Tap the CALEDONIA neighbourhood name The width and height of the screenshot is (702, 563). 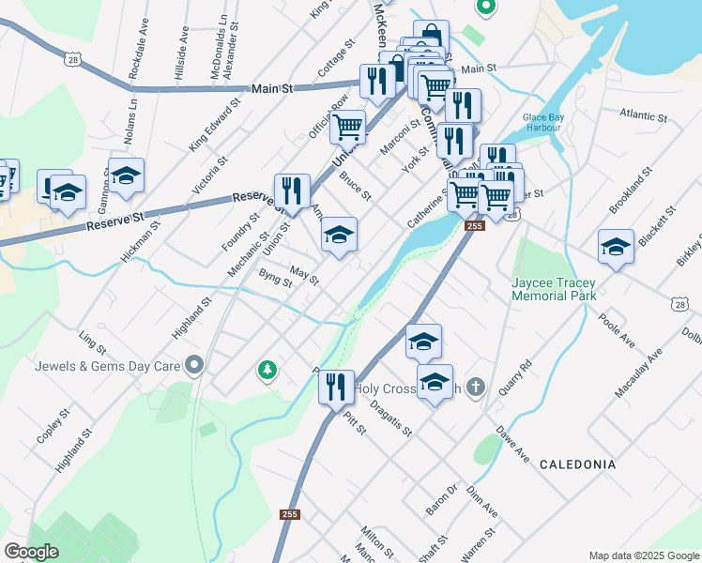(x=578, y=464)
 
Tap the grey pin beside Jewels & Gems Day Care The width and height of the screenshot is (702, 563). (x=194, y=363)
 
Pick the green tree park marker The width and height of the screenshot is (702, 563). (x=267, y=371)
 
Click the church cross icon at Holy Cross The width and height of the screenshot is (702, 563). (x=477, y=387)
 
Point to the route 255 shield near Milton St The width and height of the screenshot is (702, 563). (x=290, y=514)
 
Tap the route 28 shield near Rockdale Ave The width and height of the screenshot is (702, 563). (x=86, y=59)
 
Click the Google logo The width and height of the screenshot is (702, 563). (x=31, y=552)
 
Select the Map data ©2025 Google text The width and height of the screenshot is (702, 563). (x=643, y=555)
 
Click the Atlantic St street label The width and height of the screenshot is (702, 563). (x=643, y=116)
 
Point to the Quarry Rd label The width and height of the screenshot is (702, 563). (x=515, y=376)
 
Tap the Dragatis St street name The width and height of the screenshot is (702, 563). (x=390, y=418)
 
